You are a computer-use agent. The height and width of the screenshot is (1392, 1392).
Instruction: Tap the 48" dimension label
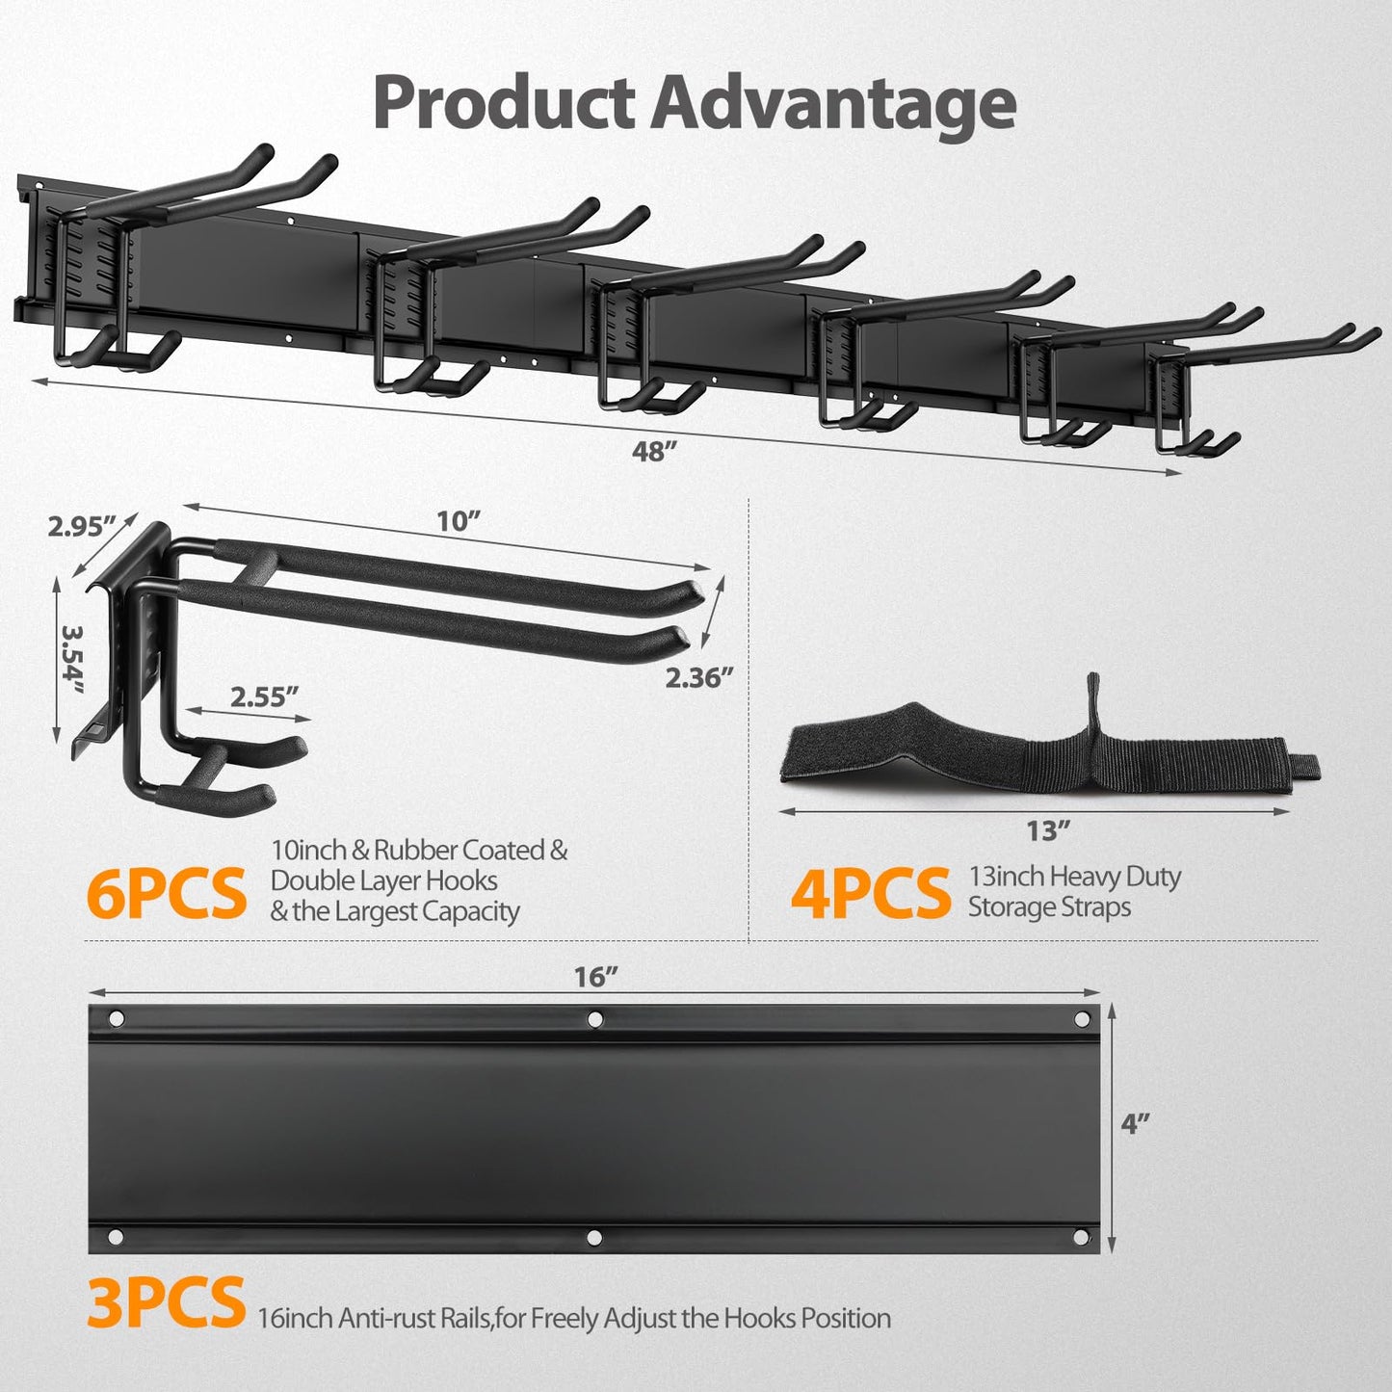pos(650,451)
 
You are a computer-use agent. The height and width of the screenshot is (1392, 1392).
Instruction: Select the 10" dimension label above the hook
pos(458,521)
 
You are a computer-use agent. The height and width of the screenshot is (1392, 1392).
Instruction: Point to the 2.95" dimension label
pos(82,526)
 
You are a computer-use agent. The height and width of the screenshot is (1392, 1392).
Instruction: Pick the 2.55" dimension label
pos(264,696)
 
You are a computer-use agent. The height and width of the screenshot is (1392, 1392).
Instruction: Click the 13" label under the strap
pos(1048,829)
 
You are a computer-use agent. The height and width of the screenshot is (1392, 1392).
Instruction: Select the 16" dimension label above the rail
pos(595,977)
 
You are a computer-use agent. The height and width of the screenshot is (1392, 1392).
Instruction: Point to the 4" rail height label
pos(1135,1123)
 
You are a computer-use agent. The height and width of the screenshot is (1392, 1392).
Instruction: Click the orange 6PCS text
pos(166,893)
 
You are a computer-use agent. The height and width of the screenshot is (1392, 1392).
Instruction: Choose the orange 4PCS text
pos(870,893)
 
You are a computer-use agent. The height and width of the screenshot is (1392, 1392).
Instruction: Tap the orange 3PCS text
pos(166,1301)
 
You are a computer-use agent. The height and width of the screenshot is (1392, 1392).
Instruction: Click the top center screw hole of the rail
pos(595,1018)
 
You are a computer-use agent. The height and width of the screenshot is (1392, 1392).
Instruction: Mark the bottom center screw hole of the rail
pos(595,1236)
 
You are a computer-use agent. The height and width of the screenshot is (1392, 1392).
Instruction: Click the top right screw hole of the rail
pos(1081,1019)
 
